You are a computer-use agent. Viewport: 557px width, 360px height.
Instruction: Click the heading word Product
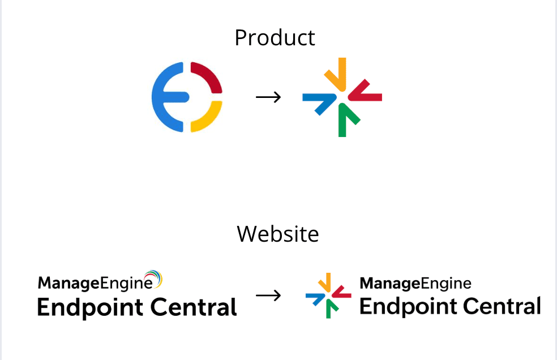pyautogui.click(x=275, y=38)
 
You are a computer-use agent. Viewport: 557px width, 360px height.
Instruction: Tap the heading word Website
pyautogui.click(x=277, y=233)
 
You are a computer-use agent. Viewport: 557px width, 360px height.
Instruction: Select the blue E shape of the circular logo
pyautogui.click(x=164, y=97)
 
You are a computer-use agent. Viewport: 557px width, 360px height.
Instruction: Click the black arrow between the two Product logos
pyautogui.click(x=268, y=97)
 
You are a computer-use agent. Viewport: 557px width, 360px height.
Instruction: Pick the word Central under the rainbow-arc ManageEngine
pyautogui.click(x=194, y=308)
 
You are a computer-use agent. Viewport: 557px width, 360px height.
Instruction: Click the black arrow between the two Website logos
pyautogui.click(x=268, y=295)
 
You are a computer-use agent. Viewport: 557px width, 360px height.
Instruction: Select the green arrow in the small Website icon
pyautogui.click(x=329, y=308)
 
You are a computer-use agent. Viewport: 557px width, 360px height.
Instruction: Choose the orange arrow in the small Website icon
pyautogui.click(x=325, y=282)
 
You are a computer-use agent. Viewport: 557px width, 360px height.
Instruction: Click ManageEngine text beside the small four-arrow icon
pyautogui.click(x=415, y=282)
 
